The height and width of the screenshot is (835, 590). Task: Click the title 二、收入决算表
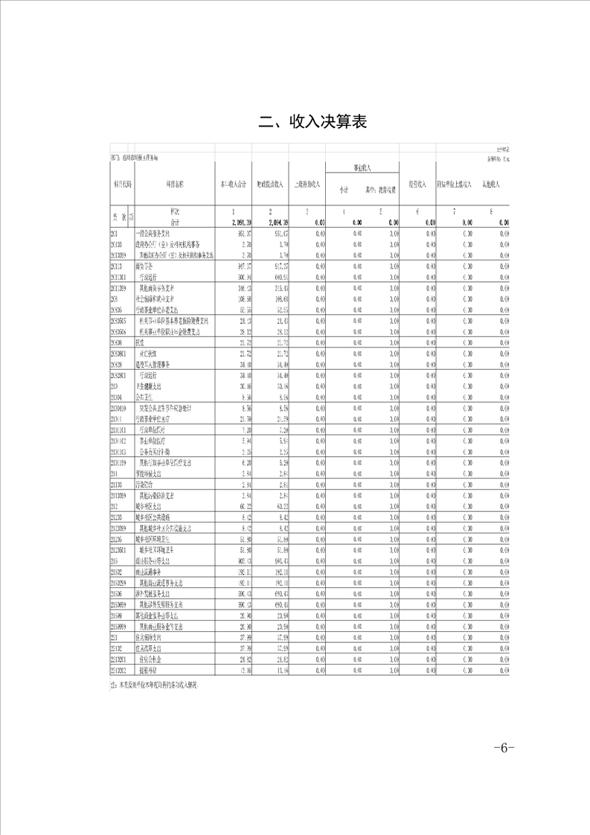click(x=312, y=121)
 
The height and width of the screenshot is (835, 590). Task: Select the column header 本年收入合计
click(x=233, y=183)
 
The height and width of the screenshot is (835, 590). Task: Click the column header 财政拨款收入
click(x=270, y=183)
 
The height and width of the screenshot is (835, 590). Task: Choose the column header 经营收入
click(x=417, y=183)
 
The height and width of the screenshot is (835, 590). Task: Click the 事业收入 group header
click(x=362, y=167)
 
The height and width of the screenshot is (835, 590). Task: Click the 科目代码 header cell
click(x=121, y=183)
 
